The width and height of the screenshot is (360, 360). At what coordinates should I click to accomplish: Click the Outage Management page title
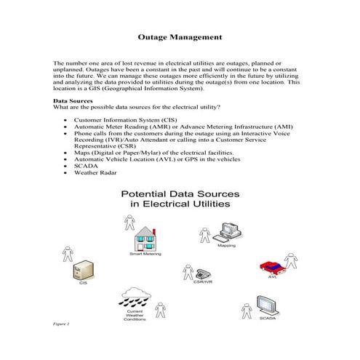[x=180, y=36]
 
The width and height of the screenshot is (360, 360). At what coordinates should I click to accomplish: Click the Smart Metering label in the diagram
[x=145, y=255]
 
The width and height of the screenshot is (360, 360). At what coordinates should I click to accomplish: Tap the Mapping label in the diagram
[x=227, y=246]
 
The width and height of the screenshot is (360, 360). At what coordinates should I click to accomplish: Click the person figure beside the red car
[x=292, y=260]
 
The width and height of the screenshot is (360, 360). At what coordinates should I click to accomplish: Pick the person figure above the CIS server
[x=68, y=255]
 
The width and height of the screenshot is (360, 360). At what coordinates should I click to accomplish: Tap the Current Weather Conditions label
[x=135, y=315]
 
